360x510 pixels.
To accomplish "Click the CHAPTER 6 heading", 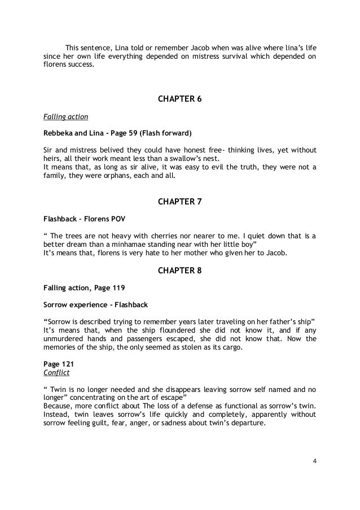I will point(179,100).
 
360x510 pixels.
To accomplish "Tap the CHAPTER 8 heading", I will point(179,271).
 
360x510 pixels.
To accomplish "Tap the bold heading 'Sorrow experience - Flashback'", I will point(95,305).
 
